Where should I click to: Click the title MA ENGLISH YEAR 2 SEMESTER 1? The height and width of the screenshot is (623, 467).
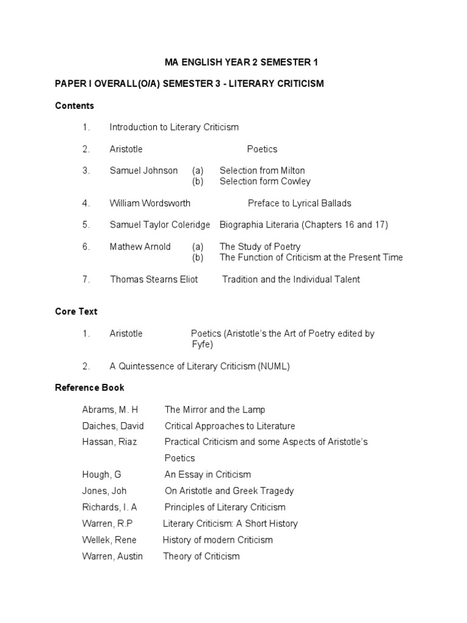(241, 62)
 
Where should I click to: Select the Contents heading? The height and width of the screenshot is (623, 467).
(74, 106)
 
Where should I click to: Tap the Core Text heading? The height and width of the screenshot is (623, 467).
(76, 311)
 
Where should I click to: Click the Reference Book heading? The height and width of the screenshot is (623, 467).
(89, 388)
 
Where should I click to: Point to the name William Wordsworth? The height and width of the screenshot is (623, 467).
(150, 203)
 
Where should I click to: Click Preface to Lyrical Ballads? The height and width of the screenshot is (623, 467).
(299, 203)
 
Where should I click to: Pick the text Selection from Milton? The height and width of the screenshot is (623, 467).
(262, 171)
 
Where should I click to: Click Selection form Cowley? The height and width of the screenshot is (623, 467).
(265, 181)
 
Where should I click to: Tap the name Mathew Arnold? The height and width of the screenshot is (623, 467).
(140, 247)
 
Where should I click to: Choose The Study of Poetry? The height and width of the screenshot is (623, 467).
(260, 247)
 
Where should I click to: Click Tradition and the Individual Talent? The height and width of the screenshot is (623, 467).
(291, 280)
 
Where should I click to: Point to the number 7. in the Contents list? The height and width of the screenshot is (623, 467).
(86, 280)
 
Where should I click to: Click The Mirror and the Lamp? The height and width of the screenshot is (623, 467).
(215, 410)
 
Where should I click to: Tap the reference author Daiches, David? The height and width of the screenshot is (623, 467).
(112, 426)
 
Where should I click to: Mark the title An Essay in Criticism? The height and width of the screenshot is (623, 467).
(207, 475)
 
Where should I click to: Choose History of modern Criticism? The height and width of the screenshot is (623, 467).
(218, 540)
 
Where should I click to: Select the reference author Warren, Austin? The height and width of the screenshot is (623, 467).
(112, 557)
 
